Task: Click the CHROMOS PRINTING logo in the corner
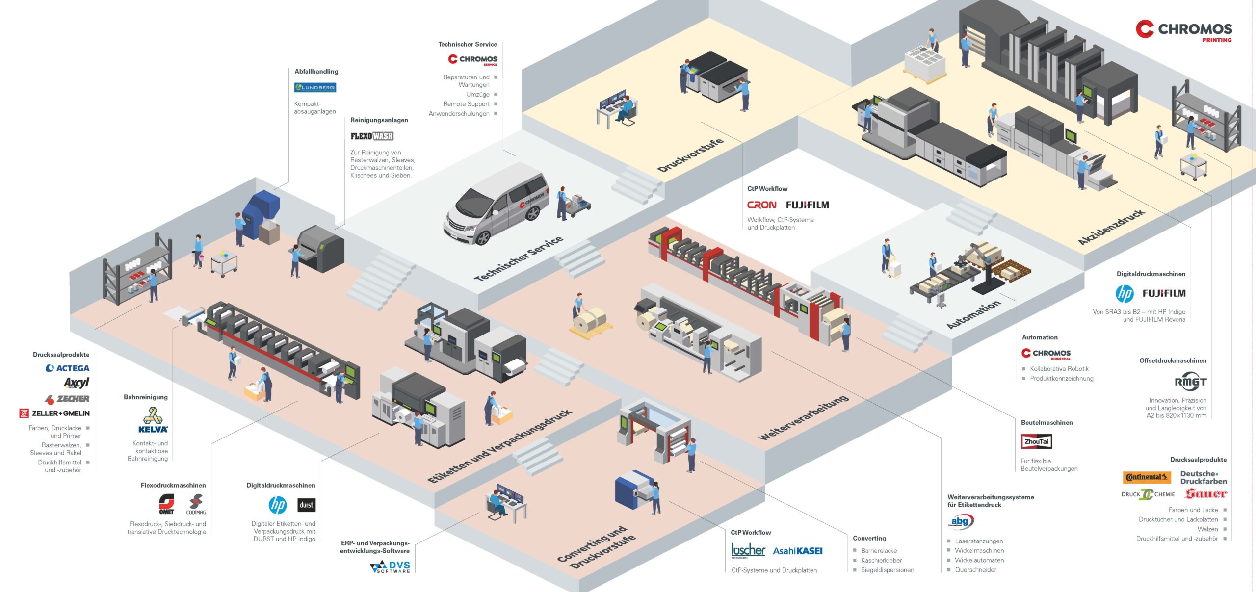point(1183,30)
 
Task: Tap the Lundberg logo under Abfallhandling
point(315,87)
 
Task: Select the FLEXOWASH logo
point(372,136)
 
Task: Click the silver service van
point(497,204)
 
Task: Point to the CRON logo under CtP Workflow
point(761,205)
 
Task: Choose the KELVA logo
point(153,420)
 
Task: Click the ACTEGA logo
point(68,368)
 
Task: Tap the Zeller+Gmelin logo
point(54,413)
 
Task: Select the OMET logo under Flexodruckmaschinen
point(166,504)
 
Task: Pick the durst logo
point(307,505)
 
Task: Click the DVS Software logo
point(390,567)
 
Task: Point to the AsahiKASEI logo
point(798,551)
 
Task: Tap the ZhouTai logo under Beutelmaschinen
point(1036,441)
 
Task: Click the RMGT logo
point(1190,381)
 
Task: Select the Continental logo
point(1147,477)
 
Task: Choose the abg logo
point(960,522)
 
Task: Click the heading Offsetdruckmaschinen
point(1173,360)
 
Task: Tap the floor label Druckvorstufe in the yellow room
point(690,155)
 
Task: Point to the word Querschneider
point(975,570)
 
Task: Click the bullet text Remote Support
point(466,104)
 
